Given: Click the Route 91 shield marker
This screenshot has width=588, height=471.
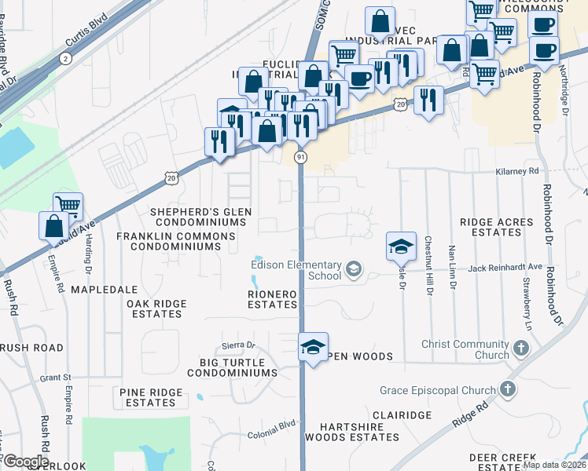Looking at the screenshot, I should coord(301,158).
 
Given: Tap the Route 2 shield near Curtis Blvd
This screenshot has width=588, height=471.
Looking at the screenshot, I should coord(64,58).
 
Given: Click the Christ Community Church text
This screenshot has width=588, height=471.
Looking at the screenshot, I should coord(465,349).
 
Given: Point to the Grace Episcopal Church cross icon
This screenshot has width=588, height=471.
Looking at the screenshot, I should coord(509,389).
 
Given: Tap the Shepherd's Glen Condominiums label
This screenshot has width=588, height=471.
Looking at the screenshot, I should coord(193,217).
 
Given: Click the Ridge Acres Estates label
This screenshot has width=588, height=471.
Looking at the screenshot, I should coord(497,228).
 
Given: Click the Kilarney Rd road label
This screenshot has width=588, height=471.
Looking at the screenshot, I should coord(516,170).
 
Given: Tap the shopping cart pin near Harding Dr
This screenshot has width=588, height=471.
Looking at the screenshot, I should coord(68,207).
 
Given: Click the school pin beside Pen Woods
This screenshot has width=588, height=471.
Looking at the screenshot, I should coord(312,347).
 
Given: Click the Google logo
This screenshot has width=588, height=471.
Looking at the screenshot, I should coord(26,462).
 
